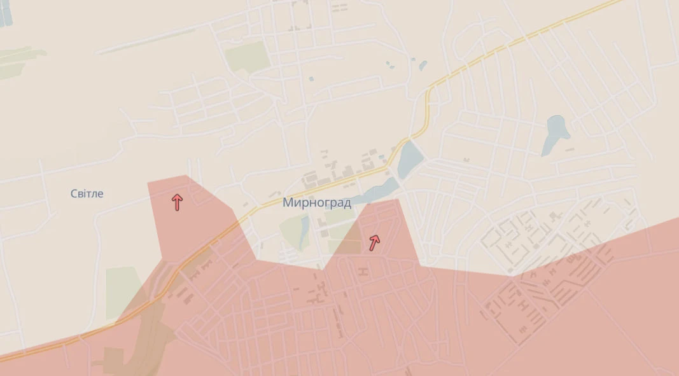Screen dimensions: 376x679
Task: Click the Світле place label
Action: coord(87,193)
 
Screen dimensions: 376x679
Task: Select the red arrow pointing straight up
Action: coord(177,202)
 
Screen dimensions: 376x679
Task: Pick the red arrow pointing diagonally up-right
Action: coord(374,241)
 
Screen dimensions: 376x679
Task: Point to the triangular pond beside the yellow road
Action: coord(408,160)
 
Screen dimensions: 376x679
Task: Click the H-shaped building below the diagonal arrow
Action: coord(364,272)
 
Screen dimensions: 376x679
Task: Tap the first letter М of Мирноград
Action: coord(286,203)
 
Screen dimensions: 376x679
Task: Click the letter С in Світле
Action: coord(74,193)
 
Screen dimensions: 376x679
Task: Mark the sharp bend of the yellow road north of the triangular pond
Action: coord(428,95)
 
